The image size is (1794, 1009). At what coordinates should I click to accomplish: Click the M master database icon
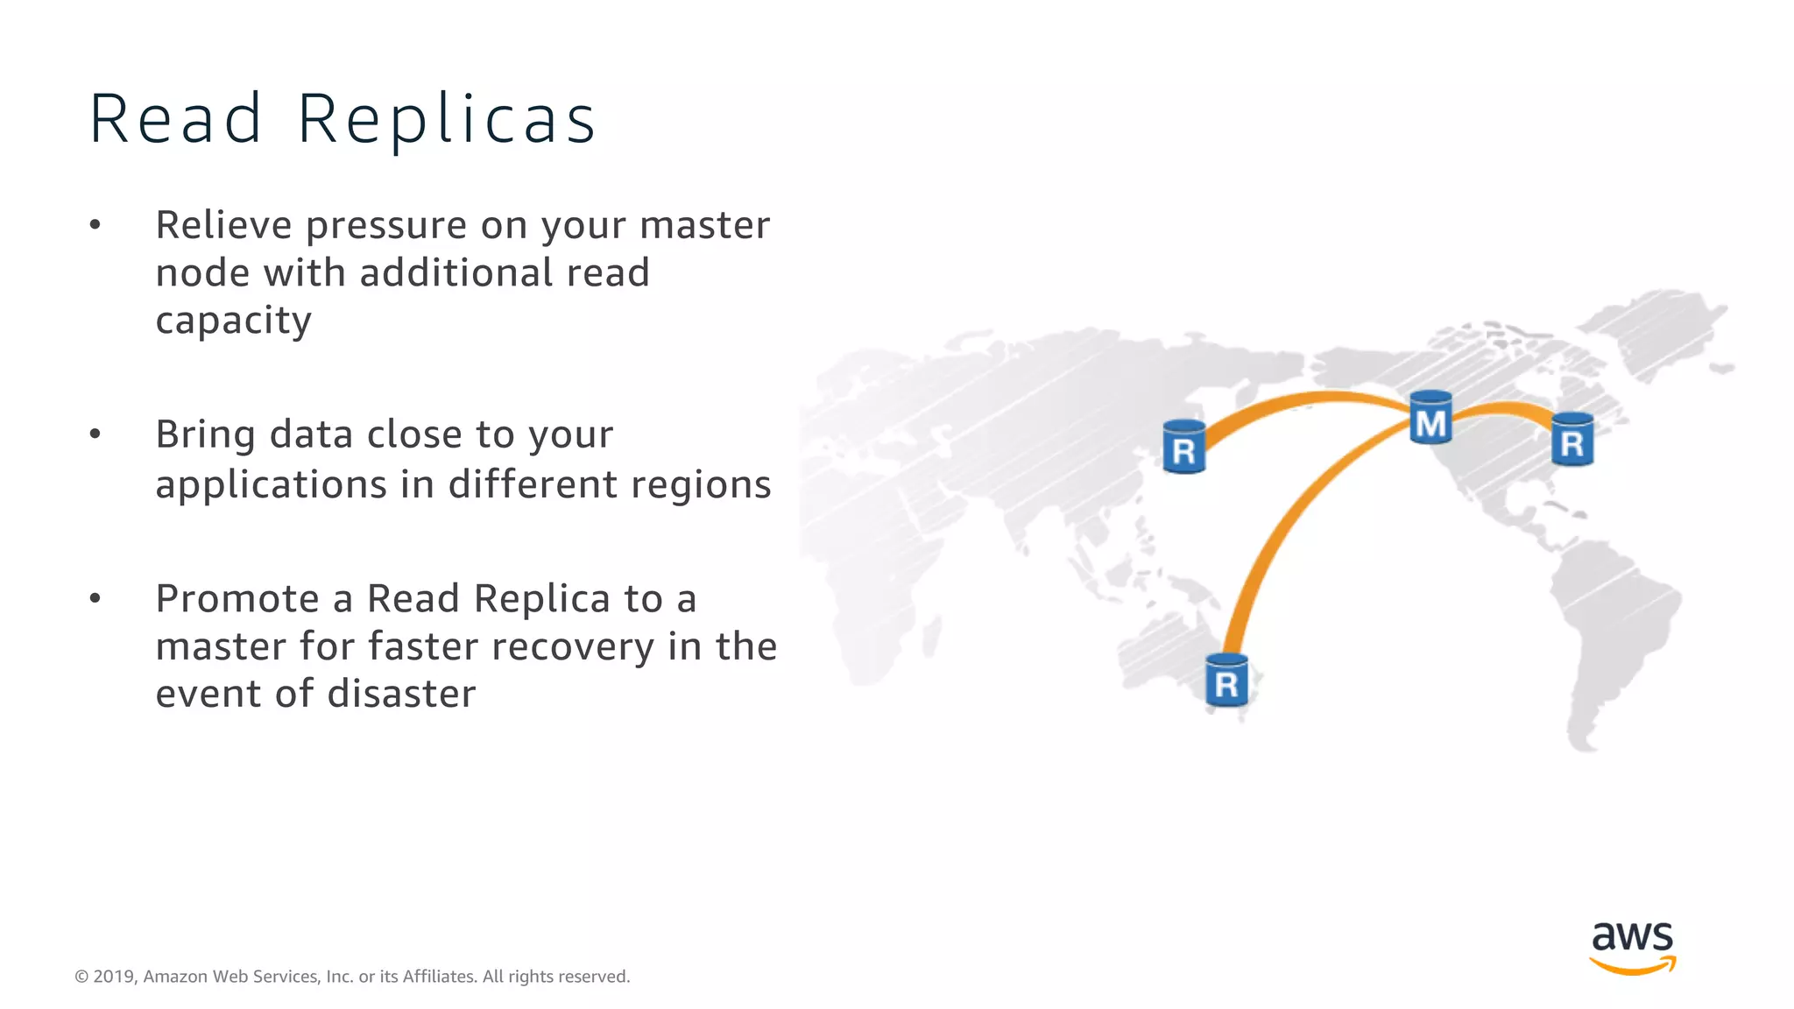[1430, 418]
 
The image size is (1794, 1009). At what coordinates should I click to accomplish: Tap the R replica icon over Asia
[1183, 447]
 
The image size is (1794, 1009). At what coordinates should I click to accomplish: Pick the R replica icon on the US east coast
[1572, 440]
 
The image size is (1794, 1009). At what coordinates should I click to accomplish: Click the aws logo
[1632, 947]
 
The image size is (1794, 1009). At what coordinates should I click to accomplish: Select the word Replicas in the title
[447, 119]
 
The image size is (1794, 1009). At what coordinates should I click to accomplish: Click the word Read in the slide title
[175, 119]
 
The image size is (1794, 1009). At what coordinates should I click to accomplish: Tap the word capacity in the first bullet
[233, 321]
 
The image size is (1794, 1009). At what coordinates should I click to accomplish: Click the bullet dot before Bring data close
[95, 434]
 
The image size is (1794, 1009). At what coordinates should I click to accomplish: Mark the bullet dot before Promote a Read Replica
[95, 598]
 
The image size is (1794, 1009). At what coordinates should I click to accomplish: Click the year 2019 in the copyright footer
[114, 977]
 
